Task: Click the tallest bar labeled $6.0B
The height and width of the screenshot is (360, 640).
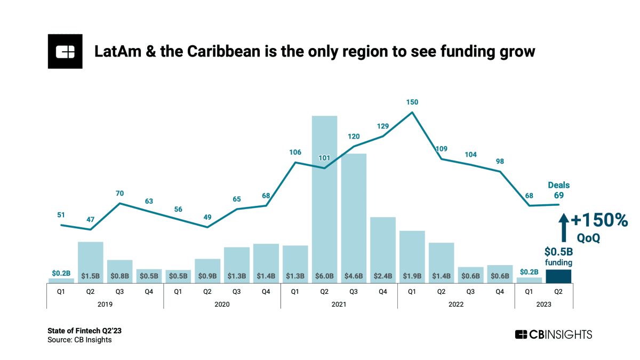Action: click(x=324, y=197)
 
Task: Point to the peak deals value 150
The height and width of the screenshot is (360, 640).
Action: click(x=412, y=102)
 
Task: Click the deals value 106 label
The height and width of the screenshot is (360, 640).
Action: click(x=295, y=153)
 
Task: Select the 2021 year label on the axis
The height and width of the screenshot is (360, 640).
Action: click(x=339, y=304)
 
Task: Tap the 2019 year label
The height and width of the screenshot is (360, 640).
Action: click(x=105, y=304)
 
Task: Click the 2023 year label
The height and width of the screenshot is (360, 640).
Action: click(x=543, y=304)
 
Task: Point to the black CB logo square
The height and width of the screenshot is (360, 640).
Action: click(x=65, y=51)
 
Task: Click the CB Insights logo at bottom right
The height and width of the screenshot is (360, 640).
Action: click(x=553, y=334)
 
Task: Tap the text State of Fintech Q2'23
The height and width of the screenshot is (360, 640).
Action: click(x=81, y=331)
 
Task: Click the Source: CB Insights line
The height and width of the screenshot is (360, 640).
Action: click(x=79, y=340)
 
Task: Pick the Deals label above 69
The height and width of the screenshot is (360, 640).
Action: click(x=559, y=185)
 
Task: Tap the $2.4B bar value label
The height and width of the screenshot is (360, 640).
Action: click(x=383, y=276)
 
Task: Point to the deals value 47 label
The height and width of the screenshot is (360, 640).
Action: click(x=91, y=219)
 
